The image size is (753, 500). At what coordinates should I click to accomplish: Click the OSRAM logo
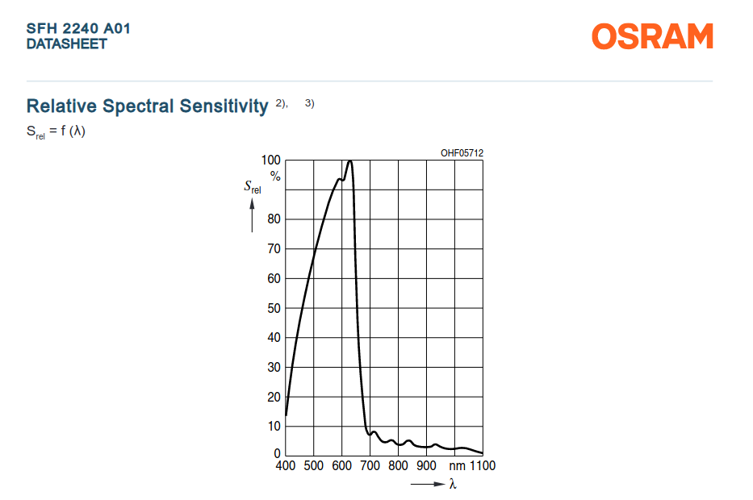pyautogui.click(x=652, y=36)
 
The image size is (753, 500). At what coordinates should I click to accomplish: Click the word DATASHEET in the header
pyautogui.click(x=67, y=44)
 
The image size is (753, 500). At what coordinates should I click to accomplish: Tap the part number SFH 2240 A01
pyautogui.click(x=78, y=28)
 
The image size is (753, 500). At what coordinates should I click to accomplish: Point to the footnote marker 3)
pyautogui.click(x=310, y=103)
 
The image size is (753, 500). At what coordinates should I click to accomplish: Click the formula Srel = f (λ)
pyautogui.click(x=56, y=131)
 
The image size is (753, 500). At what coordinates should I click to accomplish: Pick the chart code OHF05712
pyautogui.click(x=462, y=153)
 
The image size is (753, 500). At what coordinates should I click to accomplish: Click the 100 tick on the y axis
pyautogui.click(x=271, y=160)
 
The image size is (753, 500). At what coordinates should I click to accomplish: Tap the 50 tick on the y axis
pyautogui.click(x=274, y=308)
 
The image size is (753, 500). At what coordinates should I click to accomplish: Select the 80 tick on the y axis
pyautogui.click(x=274, y=219)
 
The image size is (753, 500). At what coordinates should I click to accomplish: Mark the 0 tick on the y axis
pyautogui.click(x=277, y=453)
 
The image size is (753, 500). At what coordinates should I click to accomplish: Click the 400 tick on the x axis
pyautogui.click(x=285, y=465)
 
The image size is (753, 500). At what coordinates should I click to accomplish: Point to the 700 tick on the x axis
pyautogui.click(x=370, y=465)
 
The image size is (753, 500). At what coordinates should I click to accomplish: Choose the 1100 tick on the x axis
pyautogui.click(x=482, y=465)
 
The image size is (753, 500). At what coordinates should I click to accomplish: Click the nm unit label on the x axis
pyautogui.click(x=457, y=466)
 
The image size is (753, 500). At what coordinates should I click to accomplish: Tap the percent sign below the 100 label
pyautogui.click(x=275, y=176)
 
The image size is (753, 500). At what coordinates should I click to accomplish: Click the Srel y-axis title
pyautogui.click(x=253, y=186)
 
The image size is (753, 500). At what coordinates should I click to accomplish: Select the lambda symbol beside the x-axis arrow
pyautogui.click(x=453, y=484)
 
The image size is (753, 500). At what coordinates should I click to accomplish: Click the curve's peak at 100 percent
pyautogui.click(x=349, y=161)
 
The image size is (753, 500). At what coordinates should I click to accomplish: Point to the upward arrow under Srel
pyautogui.click(x=252, y=215)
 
